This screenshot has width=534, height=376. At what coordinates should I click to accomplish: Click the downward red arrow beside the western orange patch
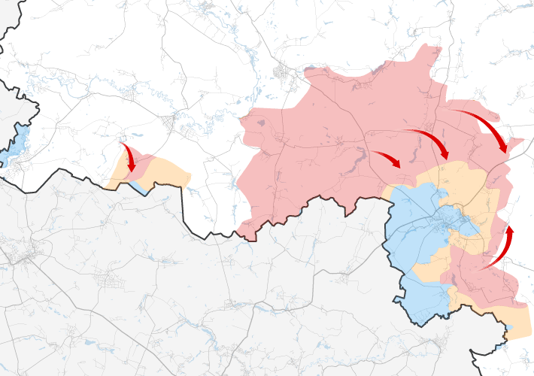(130, 156)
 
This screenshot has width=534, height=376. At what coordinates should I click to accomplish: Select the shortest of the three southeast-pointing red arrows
(387, 159)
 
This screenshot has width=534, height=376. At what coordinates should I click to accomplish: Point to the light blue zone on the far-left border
(17, 145)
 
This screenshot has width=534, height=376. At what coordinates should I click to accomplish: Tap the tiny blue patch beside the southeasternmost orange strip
(509, 328)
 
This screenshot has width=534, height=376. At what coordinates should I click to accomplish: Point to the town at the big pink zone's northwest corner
(285, 73)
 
